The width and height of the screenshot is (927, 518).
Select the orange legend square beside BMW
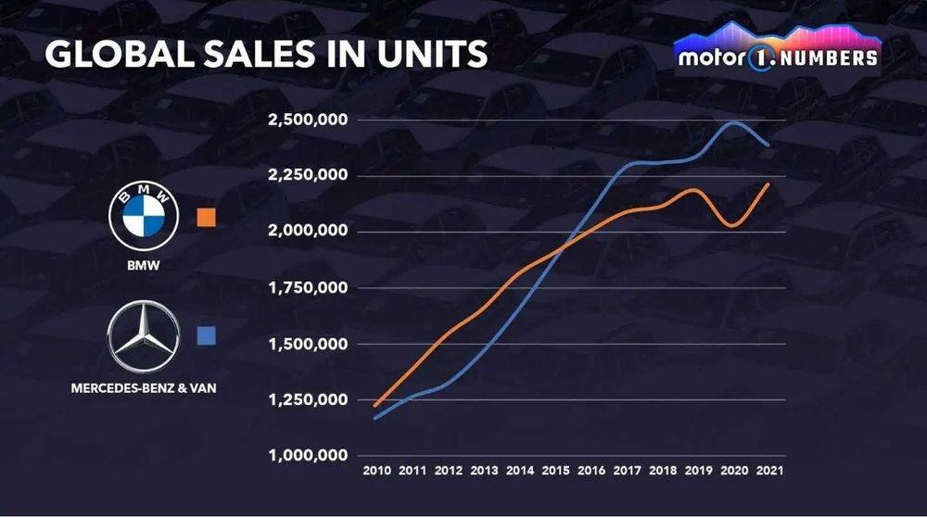point(207,218)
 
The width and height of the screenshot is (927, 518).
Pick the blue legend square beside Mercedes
point(207,335)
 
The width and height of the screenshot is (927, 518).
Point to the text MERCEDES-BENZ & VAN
point(144,387)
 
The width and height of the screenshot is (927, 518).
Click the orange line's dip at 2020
point(731,225)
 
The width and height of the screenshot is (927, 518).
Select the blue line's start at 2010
point(375,419)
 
